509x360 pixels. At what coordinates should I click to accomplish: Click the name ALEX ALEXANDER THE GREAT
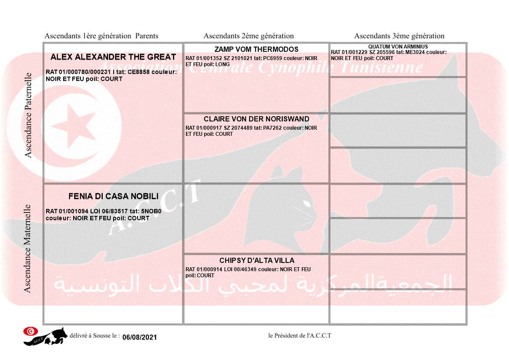(x=113, y=57)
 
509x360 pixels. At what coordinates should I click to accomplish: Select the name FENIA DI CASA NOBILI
(x=113, y=196)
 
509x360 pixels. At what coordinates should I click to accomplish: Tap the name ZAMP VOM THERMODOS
(x=256, y=49)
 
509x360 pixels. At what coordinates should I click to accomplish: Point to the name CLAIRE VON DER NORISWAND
(x=256, y=119)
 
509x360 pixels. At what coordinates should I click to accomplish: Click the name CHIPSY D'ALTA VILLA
(x=257, y=260)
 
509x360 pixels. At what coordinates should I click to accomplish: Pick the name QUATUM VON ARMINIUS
(x=398, y=47)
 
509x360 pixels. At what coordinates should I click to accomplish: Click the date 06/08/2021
(x=139, y=337)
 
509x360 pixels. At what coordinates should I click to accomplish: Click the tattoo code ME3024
(x=414, y=52)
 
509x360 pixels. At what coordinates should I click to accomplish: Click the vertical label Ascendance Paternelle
(x=28, y=115)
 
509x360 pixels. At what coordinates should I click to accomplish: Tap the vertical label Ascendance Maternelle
(x=27, y=249)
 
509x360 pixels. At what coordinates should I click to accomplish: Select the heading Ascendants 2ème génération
(x=249, y=36)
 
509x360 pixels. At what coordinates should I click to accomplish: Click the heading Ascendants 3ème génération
(x=399, y=36)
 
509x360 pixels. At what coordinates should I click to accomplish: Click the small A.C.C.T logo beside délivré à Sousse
(x=45, y=336)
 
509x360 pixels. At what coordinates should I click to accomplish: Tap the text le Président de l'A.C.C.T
(x=300, y=336)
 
